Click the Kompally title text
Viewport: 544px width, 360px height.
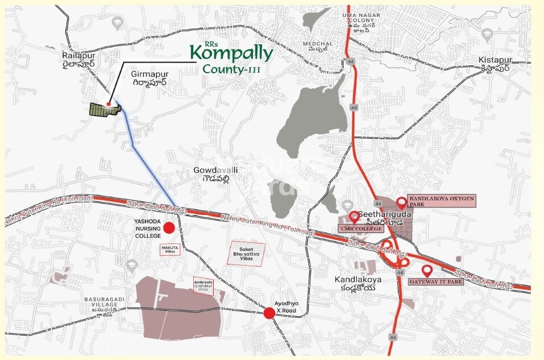pos(231,53)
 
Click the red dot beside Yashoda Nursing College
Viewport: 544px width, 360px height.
pos(169,228)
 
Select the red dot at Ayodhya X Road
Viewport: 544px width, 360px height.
pos(269,313)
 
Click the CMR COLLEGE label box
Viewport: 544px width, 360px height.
pos(360,229)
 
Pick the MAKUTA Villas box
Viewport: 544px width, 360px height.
pos(170,248)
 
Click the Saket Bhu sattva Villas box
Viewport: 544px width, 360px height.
pos(246,253)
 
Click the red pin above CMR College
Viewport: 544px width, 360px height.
pos(354,217)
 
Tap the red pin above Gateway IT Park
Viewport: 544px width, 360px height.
pos(426,271)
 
